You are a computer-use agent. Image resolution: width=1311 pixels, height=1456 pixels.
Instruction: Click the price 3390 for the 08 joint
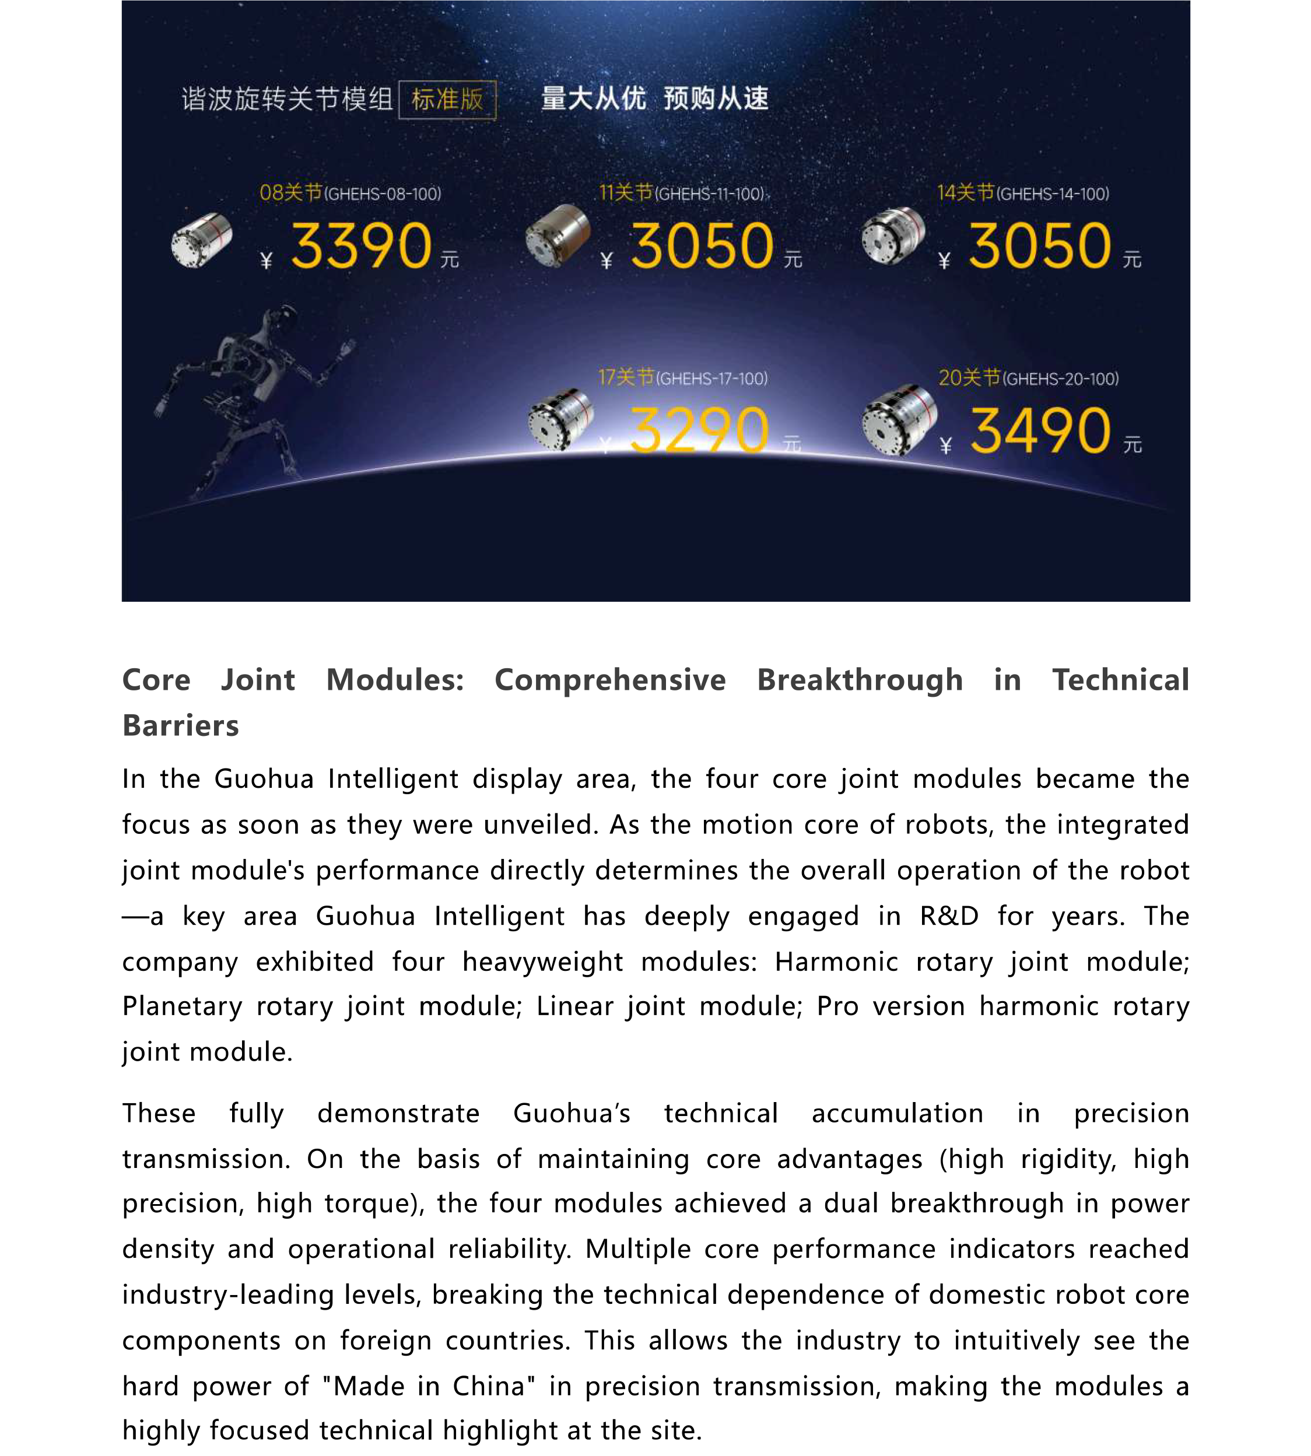[361, 246]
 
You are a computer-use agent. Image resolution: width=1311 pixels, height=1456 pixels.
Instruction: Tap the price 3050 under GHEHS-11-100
[702, 246]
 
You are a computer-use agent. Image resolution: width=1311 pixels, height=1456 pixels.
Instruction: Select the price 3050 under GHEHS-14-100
[1039, 246]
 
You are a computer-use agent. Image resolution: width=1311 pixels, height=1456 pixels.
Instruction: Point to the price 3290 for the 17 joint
[699, 430]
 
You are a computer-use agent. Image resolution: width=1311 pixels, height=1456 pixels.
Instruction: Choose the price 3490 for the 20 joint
[1040, 430]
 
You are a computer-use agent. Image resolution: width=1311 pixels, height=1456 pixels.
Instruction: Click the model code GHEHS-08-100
[383, 194]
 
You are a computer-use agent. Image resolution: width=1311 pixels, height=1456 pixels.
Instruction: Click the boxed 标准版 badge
[447, 99]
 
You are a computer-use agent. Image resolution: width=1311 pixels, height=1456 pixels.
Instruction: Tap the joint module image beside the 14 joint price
[893, 236]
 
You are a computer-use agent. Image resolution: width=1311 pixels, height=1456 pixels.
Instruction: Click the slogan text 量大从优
[593, 99]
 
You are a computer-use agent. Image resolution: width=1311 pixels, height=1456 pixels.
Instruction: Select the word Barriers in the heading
[180, 725]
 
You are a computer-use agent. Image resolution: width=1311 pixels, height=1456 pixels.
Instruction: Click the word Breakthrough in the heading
[860, 680]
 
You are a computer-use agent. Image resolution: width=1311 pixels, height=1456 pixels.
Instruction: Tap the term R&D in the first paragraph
[949, 916]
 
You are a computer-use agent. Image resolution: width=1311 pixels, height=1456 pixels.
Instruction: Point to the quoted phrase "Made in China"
[429, 1385]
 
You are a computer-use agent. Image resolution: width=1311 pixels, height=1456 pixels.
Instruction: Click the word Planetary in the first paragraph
[181, 1006]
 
